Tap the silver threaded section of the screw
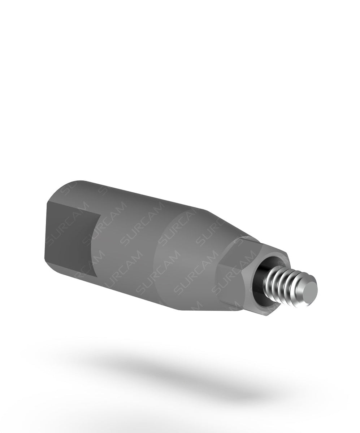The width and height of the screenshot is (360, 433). pos(285,283)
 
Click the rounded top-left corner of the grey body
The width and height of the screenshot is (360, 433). pos(69,183)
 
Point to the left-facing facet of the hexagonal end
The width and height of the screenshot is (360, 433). pos(227,285)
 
